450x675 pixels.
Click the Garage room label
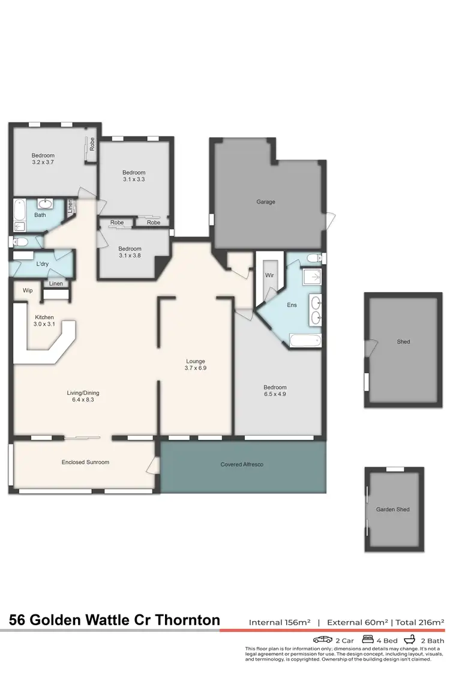click(266, 202)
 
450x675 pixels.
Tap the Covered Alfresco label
click(242, 464)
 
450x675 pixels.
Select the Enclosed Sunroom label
click(85, 462)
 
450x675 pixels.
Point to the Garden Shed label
click(393, 509)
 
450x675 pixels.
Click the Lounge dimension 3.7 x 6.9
click(196, 367)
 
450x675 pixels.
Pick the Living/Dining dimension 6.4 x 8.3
click(83, 401)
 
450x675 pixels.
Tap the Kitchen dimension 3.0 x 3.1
click(44, 325)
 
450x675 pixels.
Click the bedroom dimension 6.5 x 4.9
click(275, 395)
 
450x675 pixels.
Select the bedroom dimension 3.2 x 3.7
click(44, 162)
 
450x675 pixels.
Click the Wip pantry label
click(28, 290)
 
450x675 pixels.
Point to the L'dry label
click(42, 264)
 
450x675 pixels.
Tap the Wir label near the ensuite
click(269, 275)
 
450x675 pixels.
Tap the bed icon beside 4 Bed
click(368, 639)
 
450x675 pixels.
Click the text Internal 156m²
click(279, 622)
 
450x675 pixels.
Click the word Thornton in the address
click(190, 620)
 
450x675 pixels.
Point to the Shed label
click(403, 341)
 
